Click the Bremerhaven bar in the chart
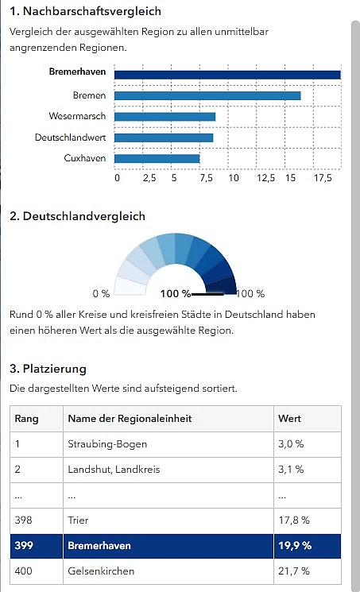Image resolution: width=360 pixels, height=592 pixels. pyautogui.click(x=227, y=75)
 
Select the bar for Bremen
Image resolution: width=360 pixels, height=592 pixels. pyautogui.click(x=207, y=95)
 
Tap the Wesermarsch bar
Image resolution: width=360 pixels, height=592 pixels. pyautogui.click(x=165, y=117)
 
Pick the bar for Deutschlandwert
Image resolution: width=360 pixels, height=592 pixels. pyautogui.click(x=164, y=137)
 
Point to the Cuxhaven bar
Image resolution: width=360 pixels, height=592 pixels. pyautogui.click(x=157, y=158)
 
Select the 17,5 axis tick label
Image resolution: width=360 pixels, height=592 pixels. pyautogui.click(x=323, y=178)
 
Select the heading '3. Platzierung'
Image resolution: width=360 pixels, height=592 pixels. pyautogui.click(x=47, y=369)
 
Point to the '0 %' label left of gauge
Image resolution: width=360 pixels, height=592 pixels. pyautogui.click(x=101, y=293)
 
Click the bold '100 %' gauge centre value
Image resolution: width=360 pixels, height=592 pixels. pyautogui.click(x=176, y=293)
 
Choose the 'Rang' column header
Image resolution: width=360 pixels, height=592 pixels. pyautogui.click(x=26, y=418)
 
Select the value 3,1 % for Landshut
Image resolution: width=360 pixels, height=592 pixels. pyautogui.click(x=291, y=469)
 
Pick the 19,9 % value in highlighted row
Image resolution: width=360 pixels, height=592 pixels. pyautogui.click(x=294, y=545)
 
